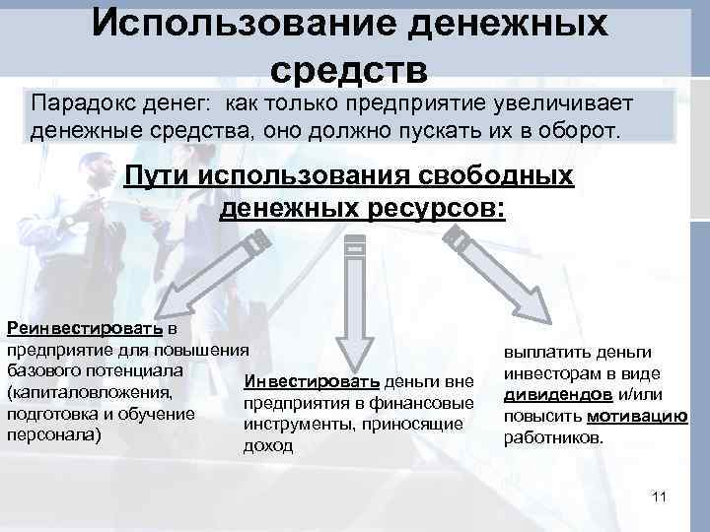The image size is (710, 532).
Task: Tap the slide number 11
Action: (660, 496)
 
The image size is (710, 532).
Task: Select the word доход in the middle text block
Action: (267, 445)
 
